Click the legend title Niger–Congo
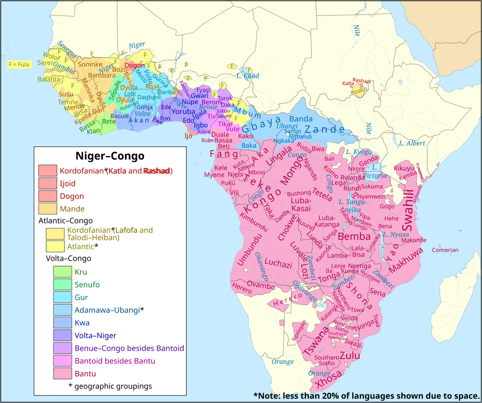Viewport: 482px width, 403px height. (110, 156)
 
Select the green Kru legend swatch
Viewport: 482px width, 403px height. (63, 272)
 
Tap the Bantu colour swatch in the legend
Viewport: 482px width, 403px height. (63, 374)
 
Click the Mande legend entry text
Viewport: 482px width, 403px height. (72, 209)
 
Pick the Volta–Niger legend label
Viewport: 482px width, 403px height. (96, 335)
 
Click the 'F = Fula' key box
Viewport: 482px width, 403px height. (19, 64)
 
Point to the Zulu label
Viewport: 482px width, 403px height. (350, 356)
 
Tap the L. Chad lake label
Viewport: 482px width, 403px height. (247, 76)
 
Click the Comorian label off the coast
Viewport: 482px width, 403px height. (445, 250)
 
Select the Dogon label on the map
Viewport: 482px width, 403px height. (135, 65)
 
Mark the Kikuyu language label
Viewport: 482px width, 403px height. (404, 168)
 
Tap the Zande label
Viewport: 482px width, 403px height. (324, 129)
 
